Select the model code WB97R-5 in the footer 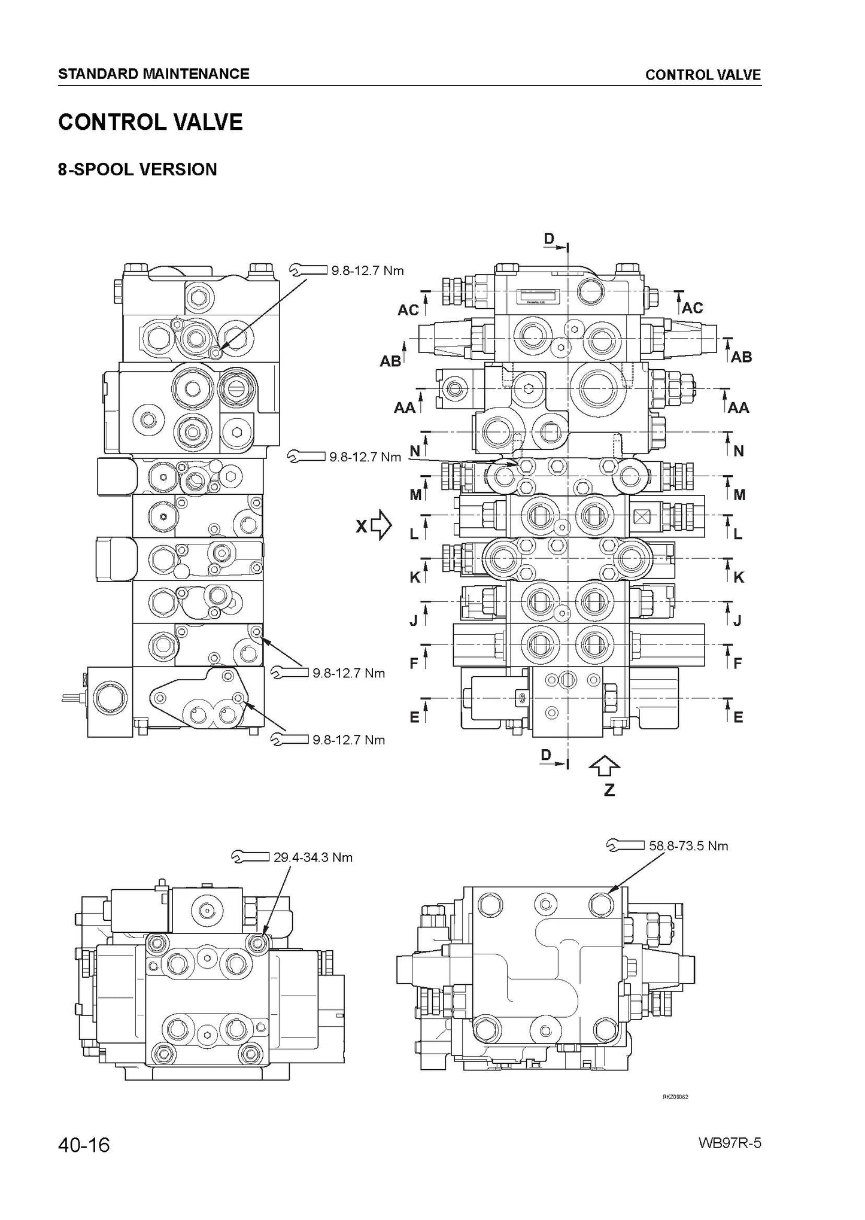click(729, 1143)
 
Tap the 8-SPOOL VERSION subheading click(138, 169)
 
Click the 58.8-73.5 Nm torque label click(688, 845)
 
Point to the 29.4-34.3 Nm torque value click(313, 857)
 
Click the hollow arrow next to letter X click(381, 526)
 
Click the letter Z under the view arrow click(609, 790)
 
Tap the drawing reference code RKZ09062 click(675, 1097)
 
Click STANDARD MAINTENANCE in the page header click(154, 74)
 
